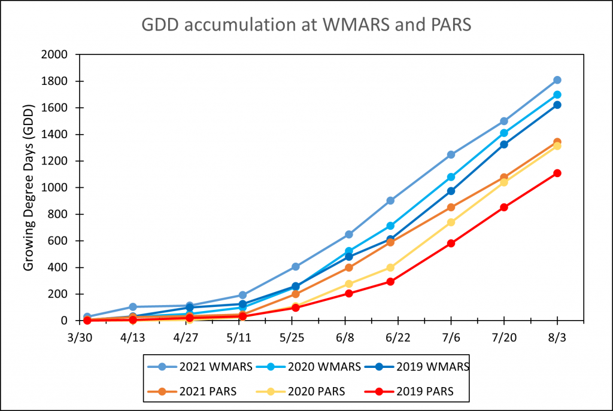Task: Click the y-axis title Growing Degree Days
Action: coord(29,187)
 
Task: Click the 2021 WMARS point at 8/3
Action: coord(557,80)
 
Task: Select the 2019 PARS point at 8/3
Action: coord(557,173)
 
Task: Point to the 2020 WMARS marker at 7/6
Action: coord(451,177)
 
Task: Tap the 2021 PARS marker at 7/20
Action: coord(504,177)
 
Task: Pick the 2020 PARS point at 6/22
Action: coord(390,267)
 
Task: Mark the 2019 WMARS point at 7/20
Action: coord(504,144)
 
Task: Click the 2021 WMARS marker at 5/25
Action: coord(295,267)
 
